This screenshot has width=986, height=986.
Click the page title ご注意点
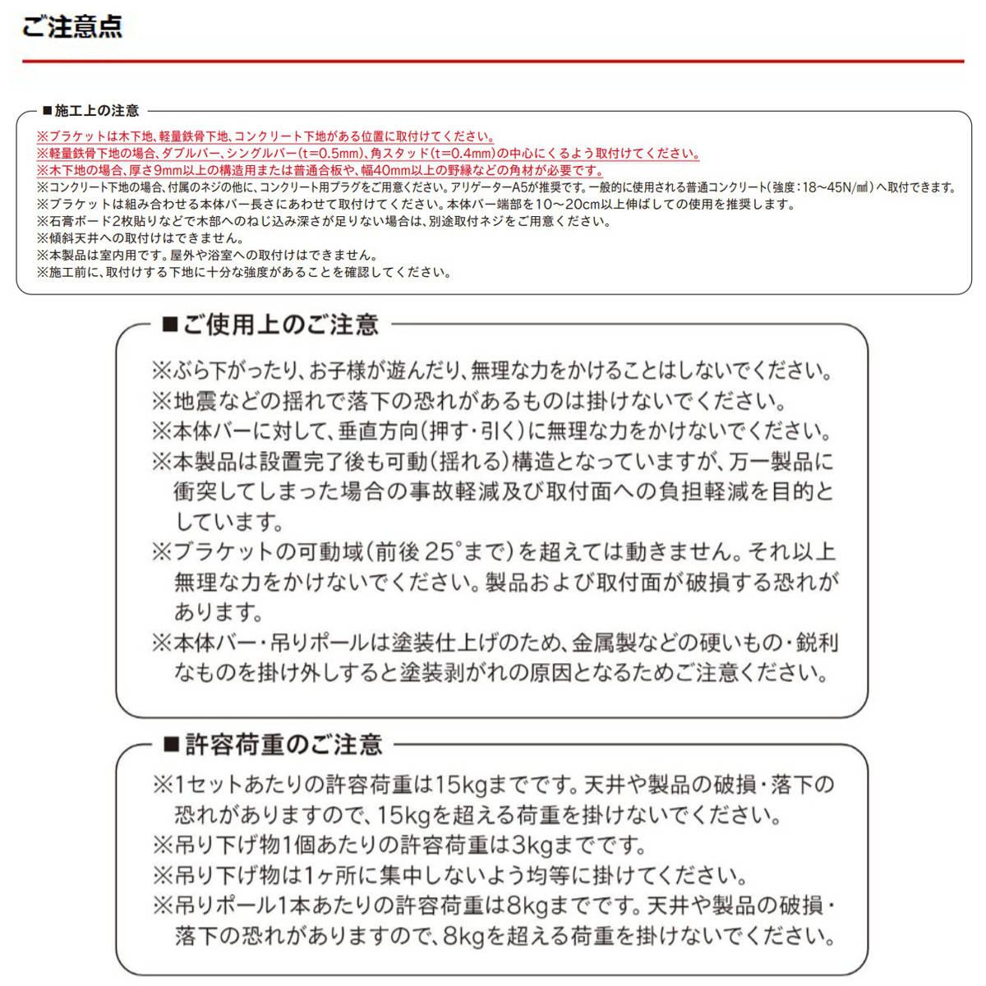tap(72, 26)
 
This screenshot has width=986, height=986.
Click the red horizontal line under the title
tap(493, 61)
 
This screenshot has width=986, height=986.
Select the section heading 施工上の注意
tap(96, 111)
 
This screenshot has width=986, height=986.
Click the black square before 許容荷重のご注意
tap(171, 745)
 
